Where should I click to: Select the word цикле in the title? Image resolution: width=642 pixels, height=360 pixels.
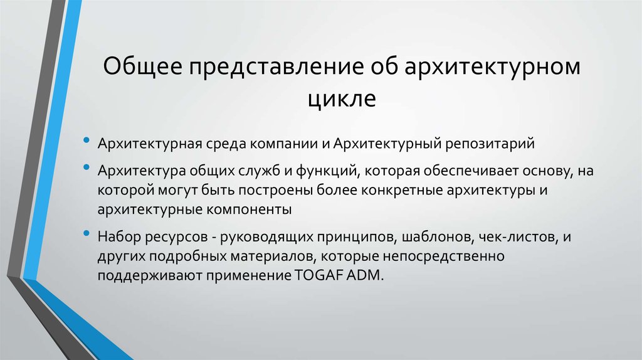pyautogui.click(x=341, y=98)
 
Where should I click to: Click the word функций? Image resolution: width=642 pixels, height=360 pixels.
pyautogui.click(x=323, y=171)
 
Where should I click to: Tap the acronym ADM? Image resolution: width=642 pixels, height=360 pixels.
pyautogui.click(x=364, y=277)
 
